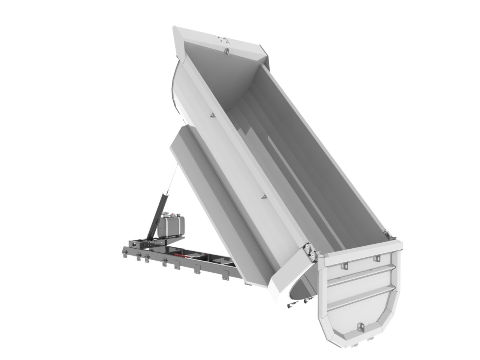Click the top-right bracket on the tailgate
[376, 258]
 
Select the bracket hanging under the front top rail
[226, 51]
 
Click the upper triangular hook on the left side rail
[212, 117]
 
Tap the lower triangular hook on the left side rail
[264, 196]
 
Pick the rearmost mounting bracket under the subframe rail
[225, 276]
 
